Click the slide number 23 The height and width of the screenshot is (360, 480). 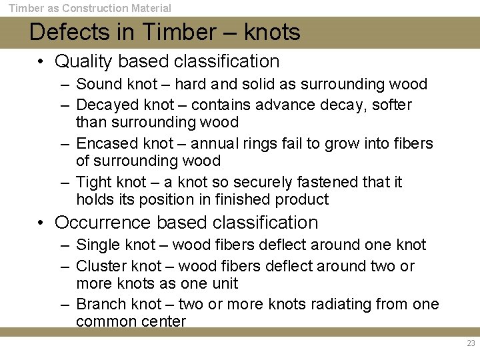471,344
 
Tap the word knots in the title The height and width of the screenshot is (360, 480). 272,32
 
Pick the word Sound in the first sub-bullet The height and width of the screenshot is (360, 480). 98,84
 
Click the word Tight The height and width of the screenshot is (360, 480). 93,182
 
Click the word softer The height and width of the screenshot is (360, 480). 392,105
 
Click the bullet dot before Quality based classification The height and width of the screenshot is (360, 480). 41,62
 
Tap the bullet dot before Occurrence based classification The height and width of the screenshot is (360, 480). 41,223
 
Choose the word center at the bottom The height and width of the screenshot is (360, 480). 163,321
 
